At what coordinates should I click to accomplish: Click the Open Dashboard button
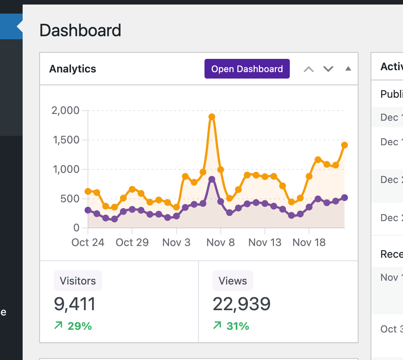coord(247,69)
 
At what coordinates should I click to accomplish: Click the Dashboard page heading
coord(80,30)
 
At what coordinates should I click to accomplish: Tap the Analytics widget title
coord(72,69)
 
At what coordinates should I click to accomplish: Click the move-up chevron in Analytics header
coord(309,69)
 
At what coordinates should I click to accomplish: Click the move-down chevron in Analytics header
coord(328,69)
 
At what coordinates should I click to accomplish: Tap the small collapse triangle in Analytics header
coord(348,69)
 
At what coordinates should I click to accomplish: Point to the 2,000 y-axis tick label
coord(65,111)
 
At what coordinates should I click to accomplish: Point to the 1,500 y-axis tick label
coord(65,140)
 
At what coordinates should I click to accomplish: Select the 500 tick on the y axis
coord(70,198)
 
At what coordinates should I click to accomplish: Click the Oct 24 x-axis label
coord(88,242)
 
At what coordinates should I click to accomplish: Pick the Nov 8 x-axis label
coord(220,242)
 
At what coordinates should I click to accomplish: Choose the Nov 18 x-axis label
coord(309,242)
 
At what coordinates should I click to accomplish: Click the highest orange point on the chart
coord(212,117)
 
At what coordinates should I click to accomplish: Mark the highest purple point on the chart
coord(212,179)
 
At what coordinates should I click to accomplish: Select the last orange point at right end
coord(344,145)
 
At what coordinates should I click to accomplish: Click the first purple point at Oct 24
coord(88,210)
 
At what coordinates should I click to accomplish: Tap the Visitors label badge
coord(78,281)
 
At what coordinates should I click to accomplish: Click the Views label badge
coord(233,281)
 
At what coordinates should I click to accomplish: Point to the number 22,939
coord(241,304)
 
